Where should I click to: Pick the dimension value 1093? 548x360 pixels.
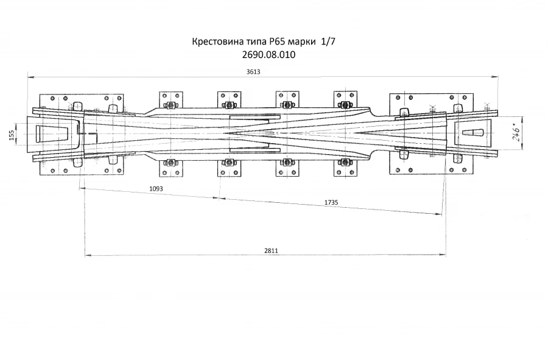click(156, 189)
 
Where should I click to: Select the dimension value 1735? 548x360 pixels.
click(331, 202)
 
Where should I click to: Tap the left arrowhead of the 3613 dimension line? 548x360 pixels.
click(29, 77)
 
